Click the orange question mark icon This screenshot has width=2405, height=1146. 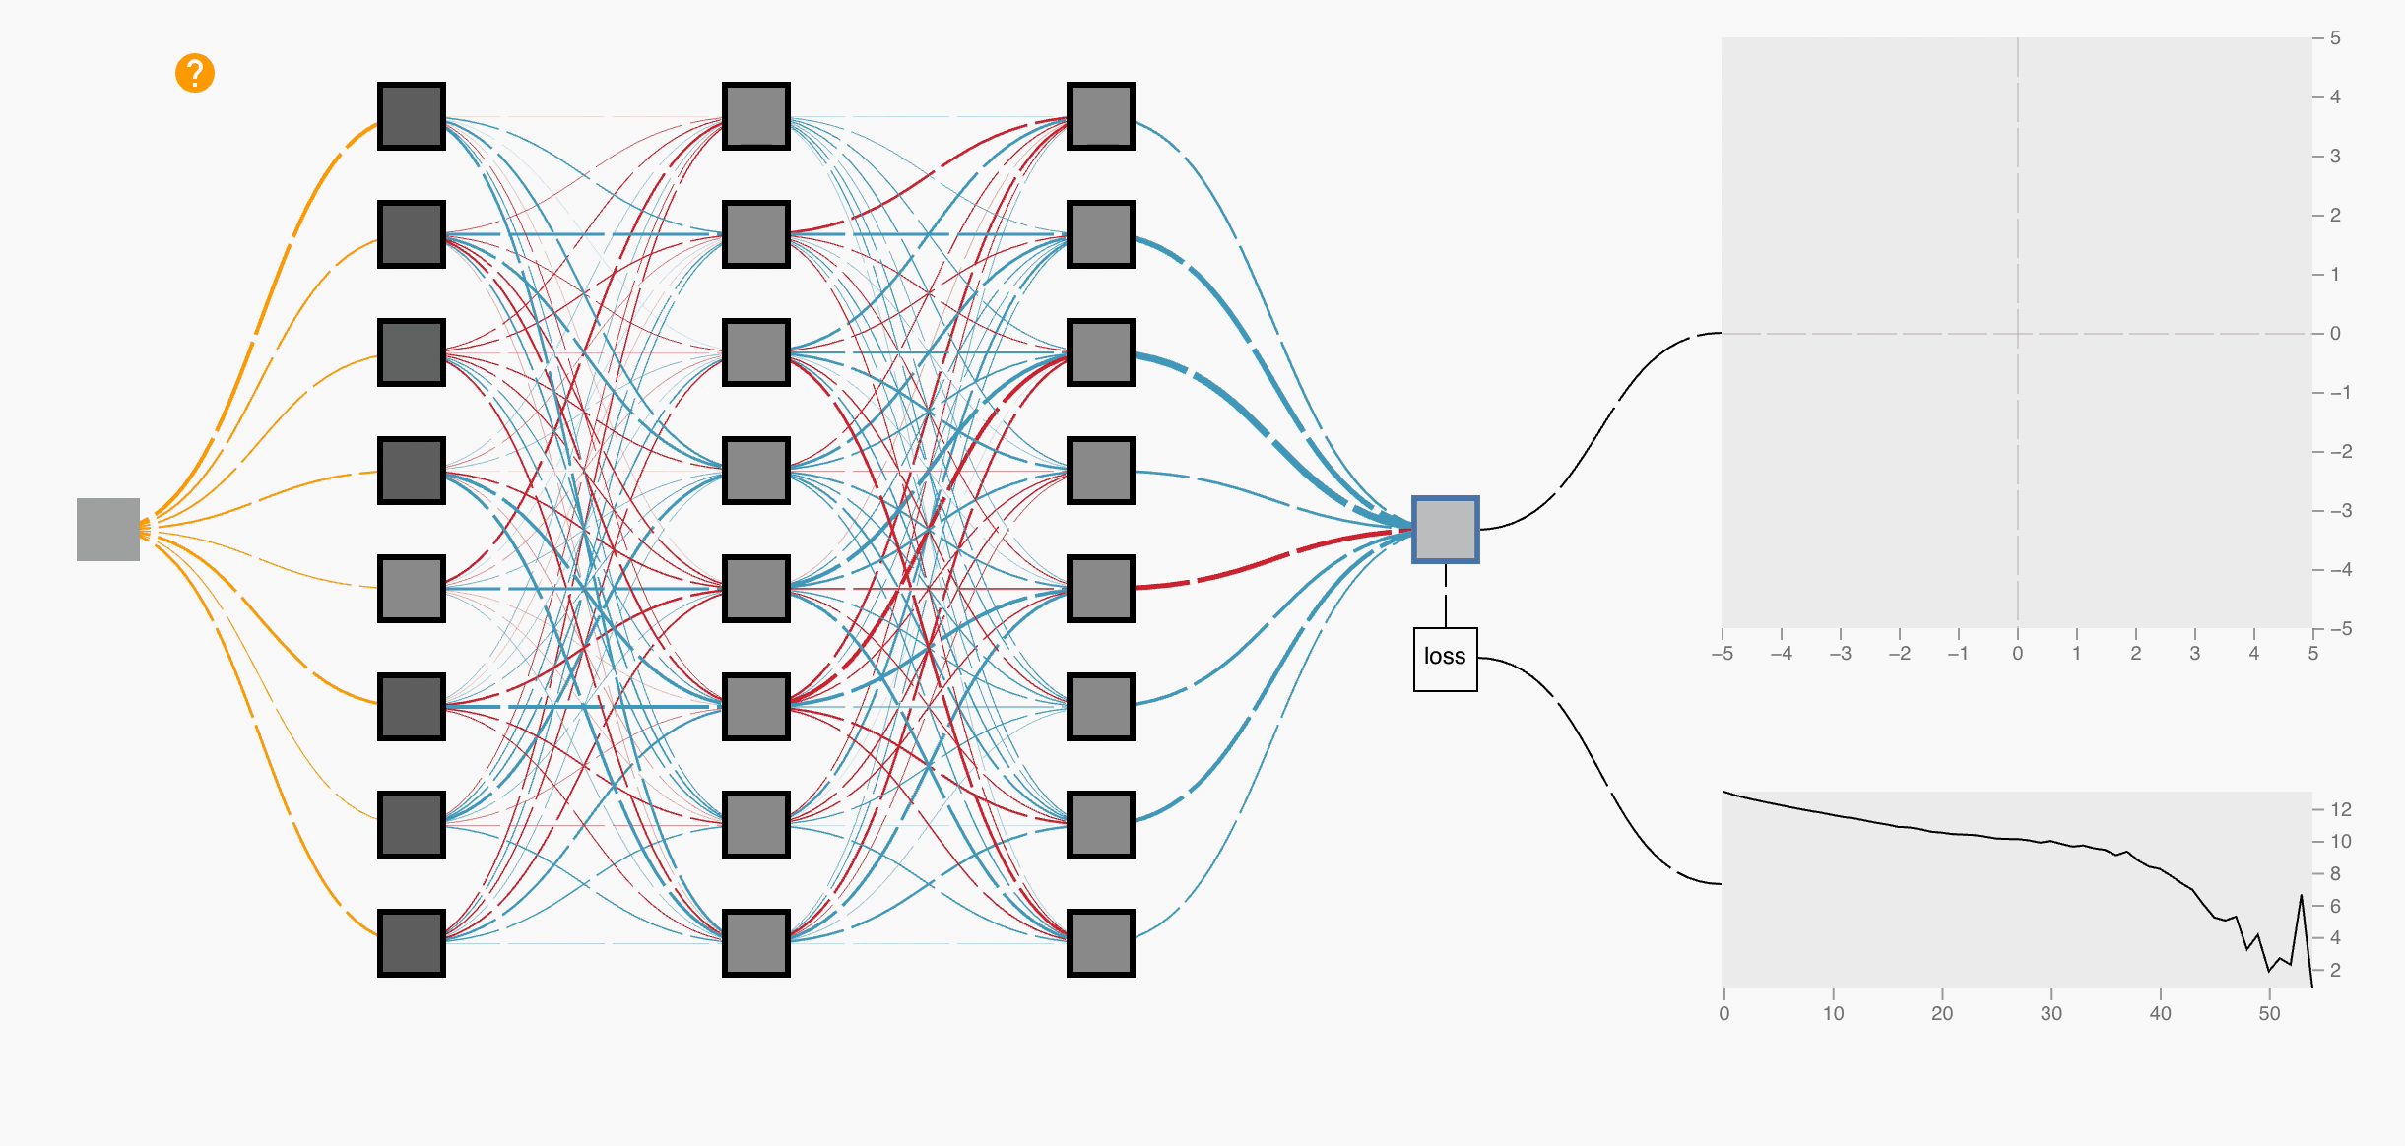[x=195, y=73]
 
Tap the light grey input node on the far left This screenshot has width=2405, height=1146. [x=108, y=530]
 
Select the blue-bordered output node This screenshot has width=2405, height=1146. [x=1445, y=530]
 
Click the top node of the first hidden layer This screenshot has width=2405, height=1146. [x=412, y=116]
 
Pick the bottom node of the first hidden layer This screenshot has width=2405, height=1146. [x=412, y=943]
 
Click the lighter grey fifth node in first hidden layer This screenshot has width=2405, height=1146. [x=412, y=589]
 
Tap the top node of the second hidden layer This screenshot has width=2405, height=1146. [x=756, y=116]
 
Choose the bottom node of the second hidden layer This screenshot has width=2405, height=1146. [x=756, y=943]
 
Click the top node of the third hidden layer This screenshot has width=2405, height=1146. [x=1101, y=116]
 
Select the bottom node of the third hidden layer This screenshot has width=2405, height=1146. [x=1101, y=943]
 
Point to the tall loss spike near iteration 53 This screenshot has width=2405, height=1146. [x=2301, y=897]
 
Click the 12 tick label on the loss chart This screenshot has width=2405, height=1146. [x=2341, y=809]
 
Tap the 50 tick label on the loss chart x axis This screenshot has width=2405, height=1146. [x=2269, y=1013]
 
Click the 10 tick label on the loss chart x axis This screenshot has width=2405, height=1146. [x=1833, y=1013]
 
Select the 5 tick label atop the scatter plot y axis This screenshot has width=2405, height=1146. [x=2335, y=38]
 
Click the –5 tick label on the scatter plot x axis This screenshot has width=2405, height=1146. [x=1722, y=654]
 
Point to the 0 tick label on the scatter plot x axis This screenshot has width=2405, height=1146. [x=2018, y=654]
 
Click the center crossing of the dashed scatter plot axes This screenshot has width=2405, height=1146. [x=2018, y=334]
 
